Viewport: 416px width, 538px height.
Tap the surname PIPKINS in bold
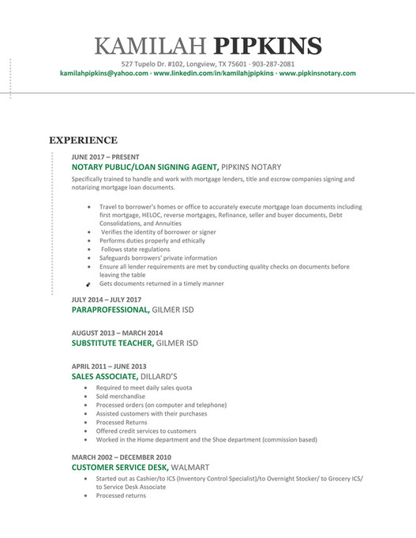[x=268, y=45]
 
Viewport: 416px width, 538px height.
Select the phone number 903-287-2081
[x=271, y=64]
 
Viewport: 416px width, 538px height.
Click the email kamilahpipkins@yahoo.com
[x=104, y=73]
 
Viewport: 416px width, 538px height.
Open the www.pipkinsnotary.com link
[x=317, y=73]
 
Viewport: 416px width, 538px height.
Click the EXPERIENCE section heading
[x=84, y=140]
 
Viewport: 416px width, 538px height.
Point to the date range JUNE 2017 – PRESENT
[x=105, y=157]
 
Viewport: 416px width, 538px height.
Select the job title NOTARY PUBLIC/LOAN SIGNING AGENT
[x=144, y=167]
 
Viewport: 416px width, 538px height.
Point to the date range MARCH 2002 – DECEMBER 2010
[x=122, y=457]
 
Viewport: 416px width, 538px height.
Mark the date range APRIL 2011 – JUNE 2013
[x=109, y=367]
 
